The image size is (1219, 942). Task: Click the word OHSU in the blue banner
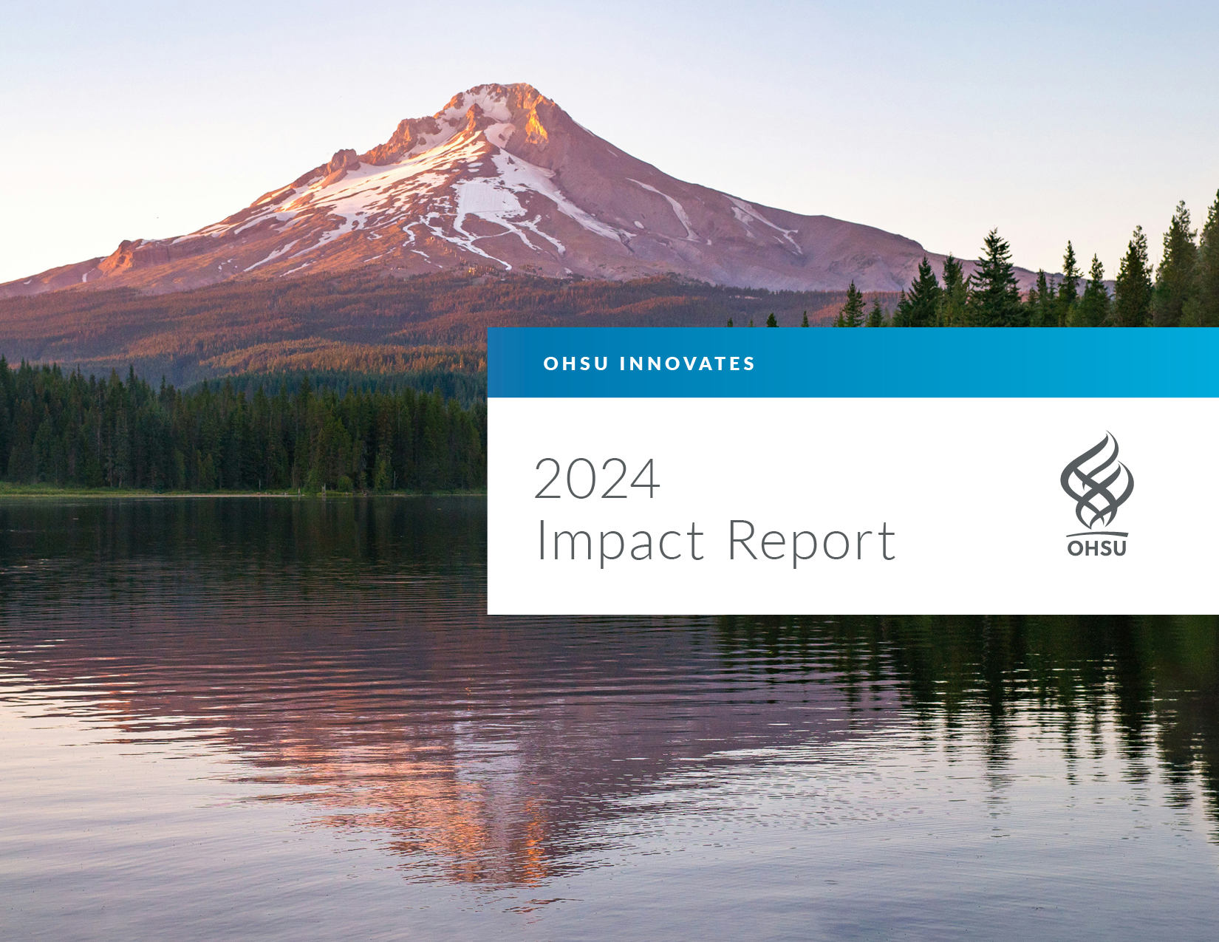(x=576, y=364)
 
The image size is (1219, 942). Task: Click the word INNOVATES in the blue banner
(x=688, y=364)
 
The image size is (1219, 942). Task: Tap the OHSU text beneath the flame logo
(x=1096, y=547)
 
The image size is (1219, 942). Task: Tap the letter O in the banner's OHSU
(x=551, y=364)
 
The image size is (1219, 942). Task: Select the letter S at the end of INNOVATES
(x=749, y=364)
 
